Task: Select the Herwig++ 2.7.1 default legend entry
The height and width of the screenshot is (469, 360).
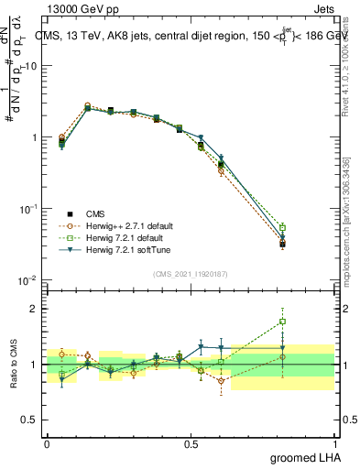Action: click(x=115, y=225)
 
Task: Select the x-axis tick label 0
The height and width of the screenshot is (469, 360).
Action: click(x=47, y=443)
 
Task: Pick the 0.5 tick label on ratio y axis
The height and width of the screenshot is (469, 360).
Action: click(x=31, y=420)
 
